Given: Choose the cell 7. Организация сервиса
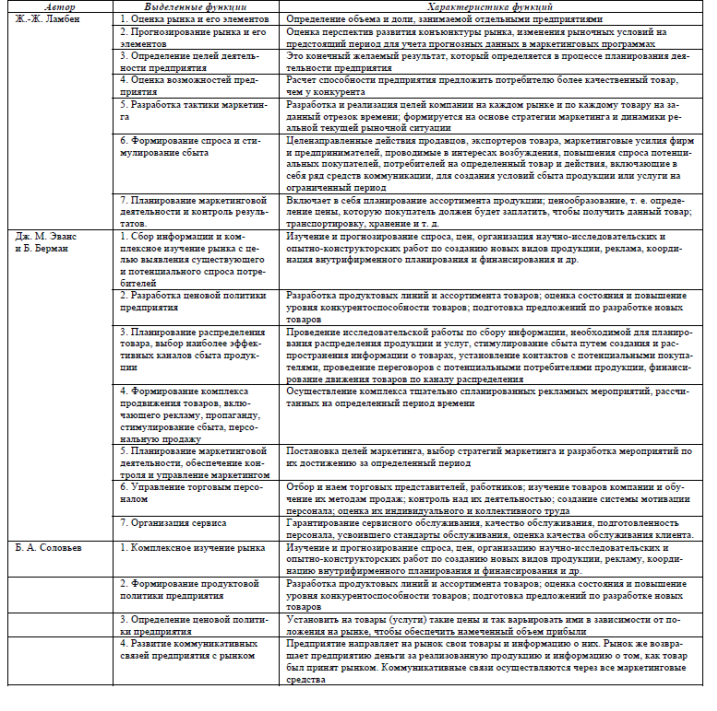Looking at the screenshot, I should (x=168, y=521).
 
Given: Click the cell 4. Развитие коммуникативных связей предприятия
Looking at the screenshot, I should (x=189, y=651).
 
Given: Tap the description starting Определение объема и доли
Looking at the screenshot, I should (x=445, y=19).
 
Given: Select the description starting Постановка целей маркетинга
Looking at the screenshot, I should (x=496, y=459).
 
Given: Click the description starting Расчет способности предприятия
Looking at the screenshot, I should (x=494, y=83).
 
